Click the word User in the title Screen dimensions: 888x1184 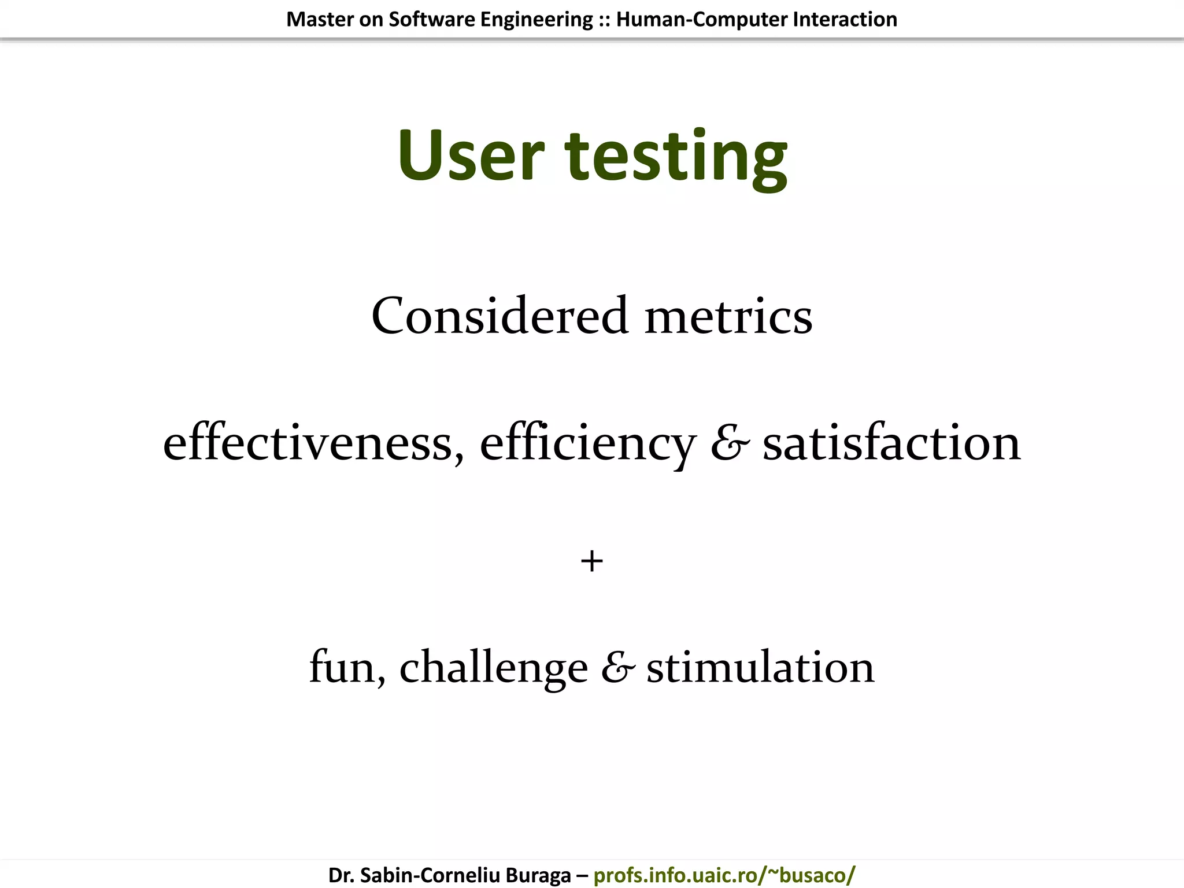471,156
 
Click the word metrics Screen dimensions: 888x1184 728,317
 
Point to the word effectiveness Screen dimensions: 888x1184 313,443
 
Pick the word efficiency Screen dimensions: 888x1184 587,445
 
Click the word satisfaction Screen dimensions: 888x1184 891,443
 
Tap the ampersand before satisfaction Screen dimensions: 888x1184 730,443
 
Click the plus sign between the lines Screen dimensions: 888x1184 591,561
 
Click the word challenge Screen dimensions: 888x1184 493,668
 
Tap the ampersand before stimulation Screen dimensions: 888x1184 617,668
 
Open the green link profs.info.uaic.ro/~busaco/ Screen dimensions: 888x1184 724,875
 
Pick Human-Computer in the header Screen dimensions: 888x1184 702,20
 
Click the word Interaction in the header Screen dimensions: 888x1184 845,19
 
